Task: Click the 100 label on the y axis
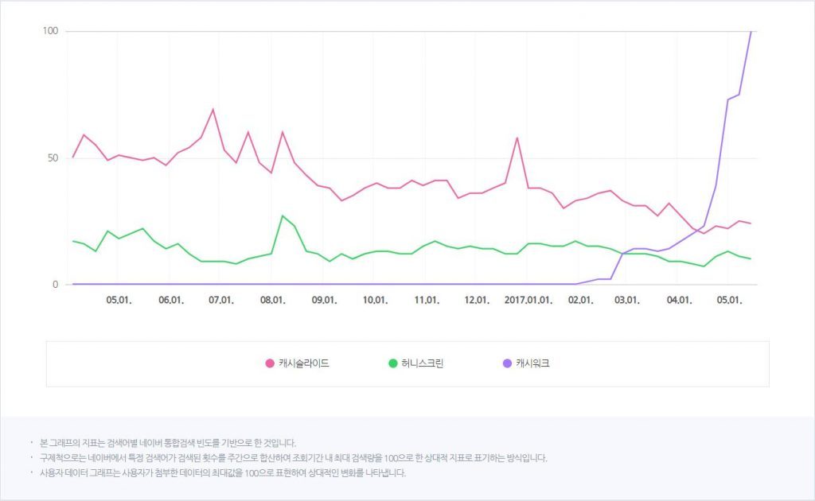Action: [x=50, y=31]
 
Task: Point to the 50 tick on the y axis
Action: [x=53, y=157]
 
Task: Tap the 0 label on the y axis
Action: [x=55, y=284]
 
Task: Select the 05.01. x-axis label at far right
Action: [x=730, y=301]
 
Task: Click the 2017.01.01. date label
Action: [x=528, y=301]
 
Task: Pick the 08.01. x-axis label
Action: [x=272, y=301]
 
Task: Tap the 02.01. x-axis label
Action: [x=580, y=301]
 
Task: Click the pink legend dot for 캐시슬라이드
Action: [x=270, y=363]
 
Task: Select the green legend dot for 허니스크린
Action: [x=392, y=363]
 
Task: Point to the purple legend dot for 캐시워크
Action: [x=507, y=363]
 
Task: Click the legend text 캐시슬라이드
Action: [x=304, y=363]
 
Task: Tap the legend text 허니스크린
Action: [x=422, y=363]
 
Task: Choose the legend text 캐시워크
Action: [x=532, y=363]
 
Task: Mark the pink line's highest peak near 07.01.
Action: [x=213, y=110]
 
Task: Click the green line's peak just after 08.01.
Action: [x=283, y=216]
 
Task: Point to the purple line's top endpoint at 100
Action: [x=751, y=32]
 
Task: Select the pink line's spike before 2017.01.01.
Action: [x=517, y=138]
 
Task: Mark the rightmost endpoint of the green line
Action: [x=751, y=258]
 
